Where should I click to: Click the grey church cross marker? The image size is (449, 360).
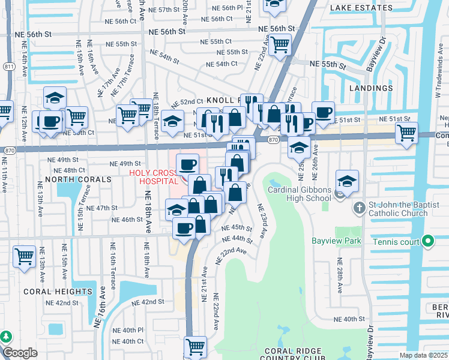click(x=358, y=208)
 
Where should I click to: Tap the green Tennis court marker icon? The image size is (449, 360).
click(x=427, y=241)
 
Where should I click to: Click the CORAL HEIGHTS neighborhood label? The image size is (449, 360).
click(x=58, y=292)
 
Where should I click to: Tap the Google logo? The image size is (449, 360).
click(x=19, y=353)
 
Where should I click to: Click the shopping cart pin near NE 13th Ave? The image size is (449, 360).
click(x=24, y=256)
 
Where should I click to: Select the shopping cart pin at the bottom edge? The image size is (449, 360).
click(x=195, y=346)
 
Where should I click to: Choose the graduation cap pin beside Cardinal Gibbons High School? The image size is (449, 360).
click(x=347, y=180)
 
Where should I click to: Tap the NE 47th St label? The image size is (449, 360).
click(x=101, y=208)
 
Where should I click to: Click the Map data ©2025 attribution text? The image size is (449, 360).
click(x=423, y=355)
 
